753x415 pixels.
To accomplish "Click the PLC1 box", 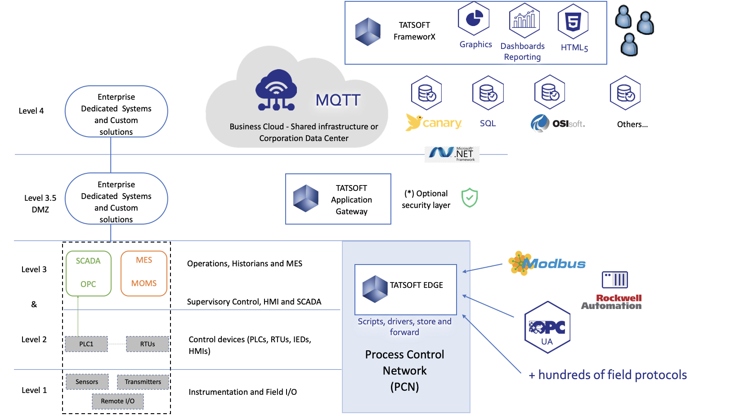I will point(86,344).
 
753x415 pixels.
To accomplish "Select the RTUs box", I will point(148,344).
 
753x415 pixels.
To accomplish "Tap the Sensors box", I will point(87,382).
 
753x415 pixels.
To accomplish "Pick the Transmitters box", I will point(143,382).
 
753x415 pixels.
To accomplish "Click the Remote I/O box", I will point(118,401).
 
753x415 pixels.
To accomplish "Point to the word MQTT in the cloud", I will point(338,100).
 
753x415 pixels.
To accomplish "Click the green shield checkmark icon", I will point(470,198).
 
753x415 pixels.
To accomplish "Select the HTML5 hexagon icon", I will point(573,21).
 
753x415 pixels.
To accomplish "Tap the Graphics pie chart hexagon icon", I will point(474,19).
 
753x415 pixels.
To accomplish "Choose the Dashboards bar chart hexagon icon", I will point(524,21).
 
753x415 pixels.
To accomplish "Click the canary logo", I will point(434,122).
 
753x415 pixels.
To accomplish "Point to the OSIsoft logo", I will point(558,124).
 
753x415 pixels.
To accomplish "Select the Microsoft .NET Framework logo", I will point(452,154).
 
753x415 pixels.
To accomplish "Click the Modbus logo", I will point(547,263).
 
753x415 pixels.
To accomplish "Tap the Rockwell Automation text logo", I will point(612,302).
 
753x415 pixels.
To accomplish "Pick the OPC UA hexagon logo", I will point(547,328).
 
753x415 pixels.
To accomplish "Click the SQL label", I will point(488,124).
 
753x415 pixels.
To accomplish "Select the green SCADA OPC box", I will point(89,273).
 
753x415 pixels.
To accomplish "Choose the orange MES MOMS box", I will point(144,273).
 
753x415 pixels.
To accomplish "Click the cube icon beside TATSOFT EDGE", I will point(375,289).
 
